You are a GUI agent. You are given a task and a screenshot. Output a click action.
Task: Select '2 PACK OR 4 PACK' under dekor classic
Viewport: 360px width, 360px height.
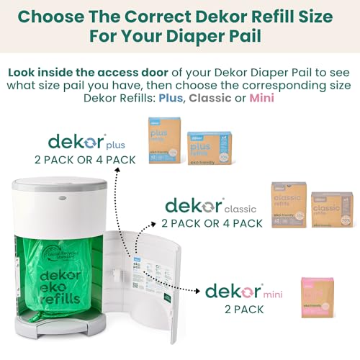214,223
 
